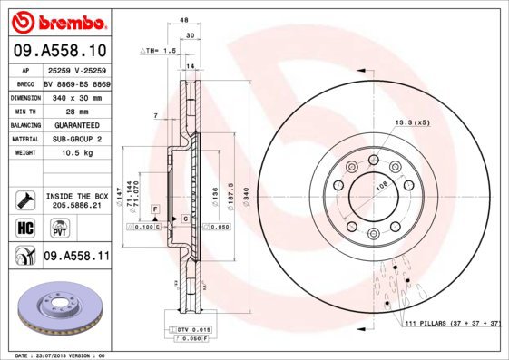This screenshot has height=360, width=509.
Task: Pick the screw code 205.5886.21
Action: click(75, 206)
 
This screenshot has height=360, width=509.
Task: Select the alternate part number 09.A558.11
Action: click(75, 257)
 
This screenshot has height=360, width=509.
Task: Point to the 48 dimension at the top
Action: click(184, 20)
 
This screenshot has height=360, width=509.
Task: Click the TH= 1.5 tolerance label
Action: click(160, 52)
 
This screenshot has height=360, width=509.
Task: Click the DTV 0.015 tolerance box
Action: click(190, 327)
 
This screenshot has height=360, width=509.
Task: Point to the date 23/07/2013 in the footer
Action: click(57, 355)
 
